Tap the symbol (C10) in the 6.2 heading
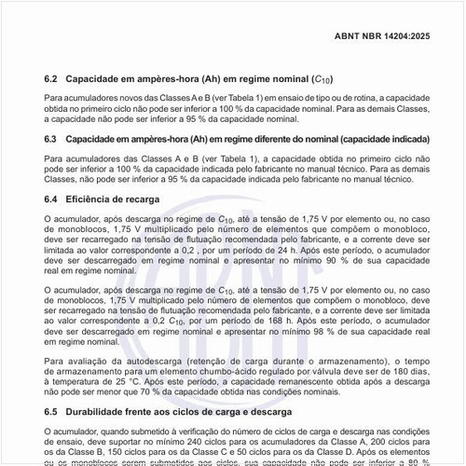click(322, 78)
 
